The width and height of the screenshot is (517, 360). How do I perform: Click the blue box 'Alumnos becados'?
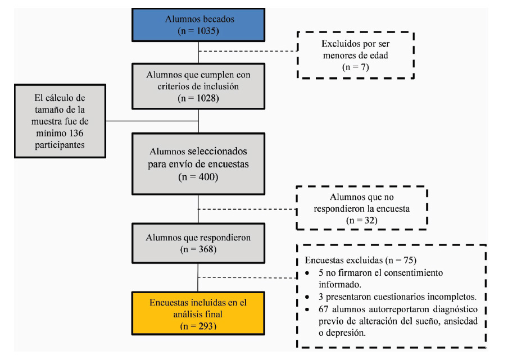[198, 25]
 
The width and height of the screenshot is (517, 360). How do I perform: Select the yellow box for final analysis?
[198, 313]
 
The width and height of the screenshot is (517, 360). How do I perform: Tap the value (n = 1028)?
[198, 98]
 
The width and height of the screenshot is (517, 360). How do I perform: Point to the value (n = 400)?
[198, 177]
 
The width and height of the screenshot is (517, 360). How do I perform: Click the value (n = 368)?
[198, 249]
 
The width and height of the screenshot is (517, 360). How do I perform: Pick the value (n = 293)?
[198, 326]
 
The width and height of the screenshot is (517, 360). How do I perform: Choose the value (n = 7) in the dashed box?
[355, 67]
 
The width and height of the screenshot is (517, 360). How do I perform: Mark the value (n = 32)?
[362, 221]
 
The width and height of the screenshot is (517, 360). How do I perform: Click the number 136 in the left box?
[76, 133]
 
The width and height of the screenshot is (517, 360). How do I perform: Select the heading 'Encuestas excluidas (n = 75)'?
[360, 260]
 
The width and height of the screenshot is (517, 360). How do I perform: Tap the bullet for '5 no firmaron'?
[307, 274]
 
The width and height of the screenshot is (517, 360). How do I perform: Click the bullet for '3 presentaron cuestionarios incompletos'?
[307, 297]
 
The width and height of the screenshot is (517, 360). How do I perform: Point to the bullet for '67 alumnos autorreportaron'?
[307, 309]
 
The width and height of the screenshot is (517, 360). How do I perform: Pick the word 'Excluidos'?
[339, 44]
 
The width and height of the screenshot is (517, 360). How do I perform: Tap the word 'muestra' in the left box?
[45, 122]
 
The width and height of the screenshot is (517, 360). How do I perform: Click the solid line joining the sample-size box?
[152, 121]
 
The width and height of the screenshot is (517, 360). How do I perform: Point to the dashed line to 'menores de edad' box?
[248, 51]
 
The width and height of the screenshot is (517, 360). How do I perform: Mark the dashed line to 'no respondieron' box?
[247, 209]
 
